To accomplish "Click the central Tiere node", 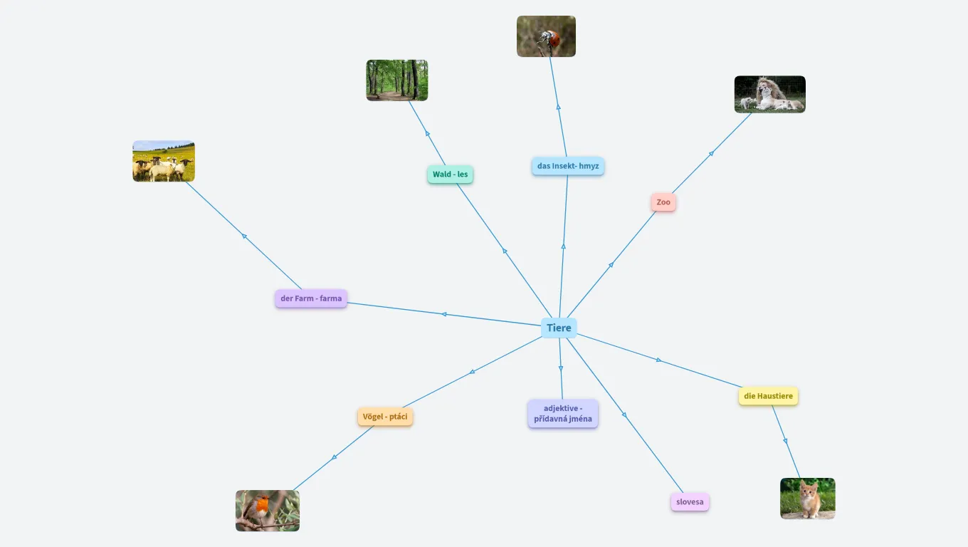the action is pyautogui.click(x=559, y=328).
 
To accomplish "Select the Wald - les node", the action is pyautogui.click(x=451, y=174).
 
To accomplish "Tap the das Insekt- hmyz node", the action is pyautogui.click(x=568, y=166).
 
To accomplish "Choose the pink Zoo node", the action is pyautogui.click(x=663, y=202).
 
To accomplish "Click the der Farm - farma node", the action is pyautogui.click(x=311, y=298).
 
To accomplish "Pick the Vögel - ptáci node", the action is pyautogui.click(x=385, y=417).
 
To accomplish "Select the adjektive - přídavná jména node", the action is pyautogui.click(x=562, y=413).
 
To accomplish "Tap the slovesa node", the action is pyautogui.click(x=690, y=502).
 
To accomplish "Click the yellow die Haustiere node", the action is pyautogui.click(x=769, y=396).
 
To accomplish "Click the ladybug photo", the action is pyautogui.click(x=546, y=36).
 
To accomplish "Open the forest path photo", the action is pyautogui.click(x=397, y=80).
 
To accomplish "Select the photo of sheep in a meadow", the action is pyautogui.click(x=164, y=161).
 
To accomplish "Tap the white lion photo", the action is pyautogui.click(x=769, y=94).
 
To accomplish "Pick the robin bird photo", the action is pyautogui.click(x=268, y=511).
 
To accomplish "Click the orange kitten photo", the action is pyautogui.click(x=808, y=498).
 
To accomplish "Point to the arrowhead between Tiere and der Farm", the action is pyautogui.click(x=444, y=314).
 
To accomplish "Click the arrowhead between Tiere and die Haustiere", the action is pyautogui.click(x=658, y=360).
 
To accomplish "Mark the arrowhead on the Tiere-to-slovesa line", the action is pyautogui.click(x=624, y=415).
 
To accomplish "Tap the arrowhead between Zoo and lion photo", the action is pyautogui.click(x=711, y=154).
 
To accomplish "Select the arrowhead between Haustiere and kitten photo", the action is pyautogui.click(x=785, y=441).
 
